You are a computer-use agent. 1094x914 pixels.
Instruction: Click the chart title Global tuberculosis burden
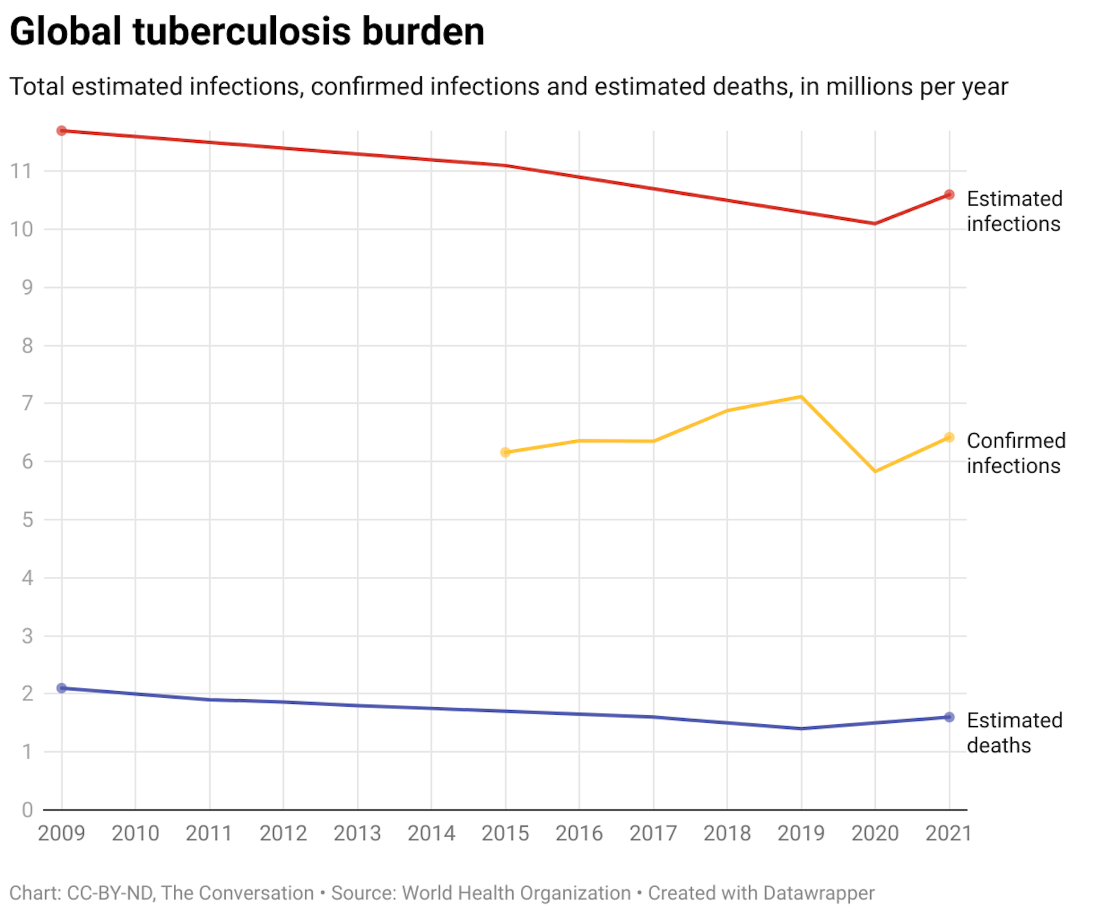point(247,31)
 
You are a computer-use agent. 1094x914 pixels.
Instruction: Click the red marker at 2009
point(62,131)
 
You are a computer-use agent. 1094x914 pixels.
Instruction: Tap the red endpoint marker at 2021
point(949,195)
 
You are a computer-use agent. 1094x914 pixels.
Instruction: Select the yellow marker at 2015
point(505,453)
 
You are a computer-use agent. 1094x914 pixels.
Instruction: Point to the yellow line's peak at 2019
point(801,396)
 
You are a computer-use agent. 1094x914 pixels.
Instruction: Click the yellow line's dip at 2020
point(875,472)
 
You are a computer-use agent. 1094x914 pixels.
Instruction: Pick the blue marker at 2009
point(62,688)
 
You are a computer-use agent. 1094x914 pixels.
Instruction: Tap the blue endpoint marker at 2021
point(949,717)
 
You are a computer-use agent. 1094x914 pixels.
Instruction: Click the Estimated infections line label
point(1014,211)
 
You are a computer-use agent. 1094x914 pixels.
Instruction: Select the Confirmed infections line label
point(1015,453)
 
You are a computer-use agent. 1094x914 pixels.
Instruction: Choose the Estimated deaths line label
point(1014,733)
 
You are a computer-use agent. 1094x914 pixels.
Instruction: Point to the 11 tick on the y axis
point(21,171)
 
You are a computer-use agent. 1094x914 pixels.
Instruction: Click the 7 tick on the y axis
point(27,403)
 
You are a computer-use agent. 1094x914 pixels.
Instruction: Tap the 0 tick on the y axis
point(27,810)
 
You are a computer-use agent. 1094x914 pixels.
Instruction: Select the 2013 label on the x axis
point(357,834)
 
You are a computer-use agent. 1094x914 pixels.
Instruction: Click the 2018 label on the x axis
point(727,834)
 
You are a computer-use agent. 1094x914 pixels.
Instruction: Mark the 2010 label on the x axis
point(135,834)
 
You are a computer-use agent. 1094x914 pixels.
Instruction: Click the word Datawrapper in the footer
point(818,893)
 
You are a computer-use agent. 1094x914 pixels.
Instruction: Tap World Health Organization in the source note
point(516,893)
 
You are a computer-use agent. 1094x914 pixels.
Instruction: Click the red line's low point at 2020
point(875,224)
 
